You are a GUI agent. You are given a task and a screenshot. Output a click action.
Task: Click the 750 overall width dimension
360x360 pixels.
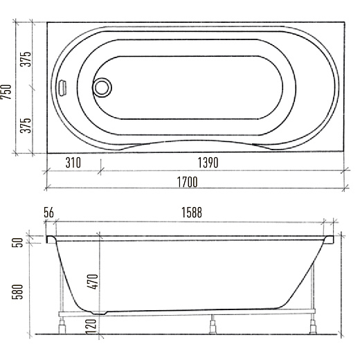click(6, 91)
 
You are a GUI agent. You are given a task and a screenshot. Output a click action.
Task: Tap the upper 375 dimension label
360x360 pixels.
click(26, 59)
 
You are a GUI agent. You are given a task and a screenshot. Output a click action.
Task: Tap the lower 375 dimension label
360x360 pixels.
click(26, 125)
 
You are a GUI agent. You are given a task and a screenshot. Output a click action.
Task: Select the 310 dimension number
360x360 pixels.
click(73, 163)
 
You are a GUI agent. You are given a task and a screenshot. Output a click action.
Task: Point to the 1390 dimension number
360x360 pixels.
click(208, 163)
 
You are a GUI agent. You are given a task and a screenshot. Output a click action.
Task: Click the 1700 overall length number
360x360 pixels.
click(187, 182)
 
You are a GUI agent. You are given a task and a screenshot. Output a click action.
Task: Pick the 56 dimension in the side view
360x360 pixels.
click(48, 213)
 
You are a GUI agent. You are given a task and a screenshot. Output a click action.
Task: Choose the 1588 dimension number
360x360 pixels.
click(192, 213)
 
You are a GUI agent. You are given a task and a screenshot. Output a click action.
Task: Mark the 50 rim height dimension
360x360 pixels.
click(18, 242)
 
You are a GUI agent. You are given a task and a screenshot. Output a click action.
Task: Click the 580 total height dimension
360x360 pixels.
click(18, 291)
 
